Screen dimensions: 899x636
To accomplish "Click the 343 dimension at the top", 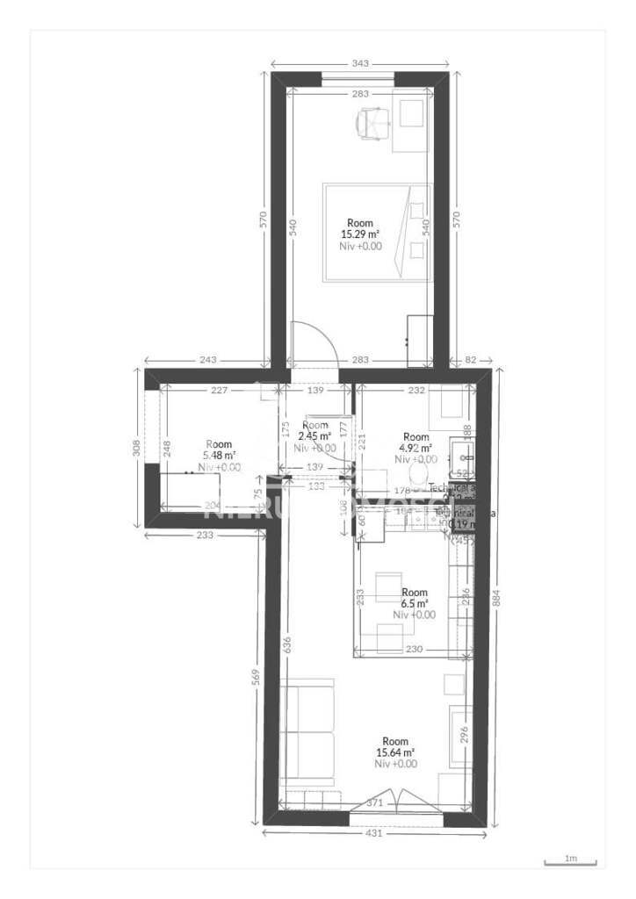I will (359, 63).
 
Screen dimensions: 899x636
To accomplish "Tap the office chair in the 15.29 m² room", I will (373, 125).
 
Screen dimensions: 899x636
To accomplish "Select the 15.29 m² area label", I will (360, 234).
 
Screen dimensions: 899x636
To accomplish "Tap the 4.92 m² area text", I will (415, 448).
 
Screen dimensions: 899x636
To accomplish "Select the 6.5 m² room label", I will (414, 604).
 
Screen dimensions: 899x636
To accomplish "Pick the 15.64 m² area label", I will (395, 752).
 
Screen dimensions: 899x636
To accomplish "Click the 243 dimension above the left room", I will (208, 360).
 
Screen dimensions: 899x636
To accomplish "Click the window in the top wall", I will (357, 80).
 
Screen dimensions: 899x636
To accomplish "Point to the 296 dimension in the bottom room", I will (464, 733).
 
